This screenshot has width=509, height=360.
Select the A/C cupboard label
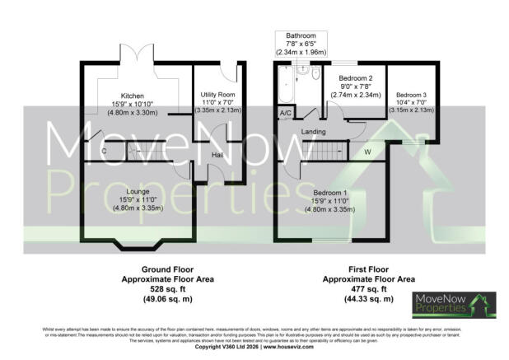coord(286,112)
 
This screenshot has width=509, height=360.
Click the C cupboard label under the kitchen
coord(103,152)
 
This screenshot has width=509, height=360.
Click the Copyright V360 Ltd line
coord(254,347)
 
